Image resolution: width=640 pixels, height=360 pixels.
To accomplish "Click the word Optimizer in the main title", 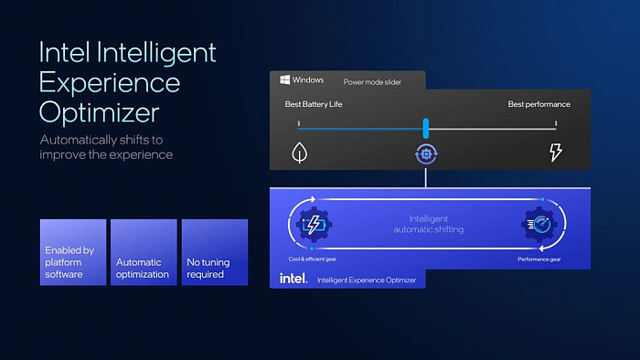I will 100,112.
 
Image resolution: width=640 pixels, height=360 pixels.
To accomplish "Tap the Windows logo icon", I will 285,80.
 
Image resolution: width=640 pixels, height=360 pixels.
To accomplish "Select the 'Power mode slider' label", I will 371,81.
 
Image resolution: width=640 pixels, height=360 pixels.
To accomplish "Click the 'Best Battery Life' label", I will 313,104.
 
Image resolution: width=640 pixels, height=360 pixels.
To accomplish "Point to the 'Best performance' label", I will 539,104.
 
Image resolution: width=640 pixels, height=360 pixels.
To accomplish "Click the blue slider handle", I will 425,129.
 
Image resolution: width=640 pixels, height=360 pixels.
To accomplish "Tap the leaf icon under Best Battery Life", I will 298,152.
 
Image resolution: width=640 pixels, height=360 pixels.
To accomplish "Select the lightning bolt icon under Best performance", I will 555,153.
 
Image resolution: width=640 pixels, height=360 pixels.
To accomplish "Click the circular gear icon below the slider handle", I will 425,153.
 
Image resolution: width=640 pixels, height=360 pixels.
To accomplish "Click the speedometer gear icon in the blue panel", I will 539,223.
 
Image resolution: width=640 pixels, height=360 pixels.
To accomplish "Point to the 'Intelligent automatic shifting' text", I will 428,224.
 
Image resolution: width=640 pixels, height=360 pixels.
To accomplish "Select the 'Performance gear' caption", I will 539,259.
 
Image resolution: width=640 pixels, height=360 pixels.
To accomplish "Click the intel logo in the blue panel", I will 293,278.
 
